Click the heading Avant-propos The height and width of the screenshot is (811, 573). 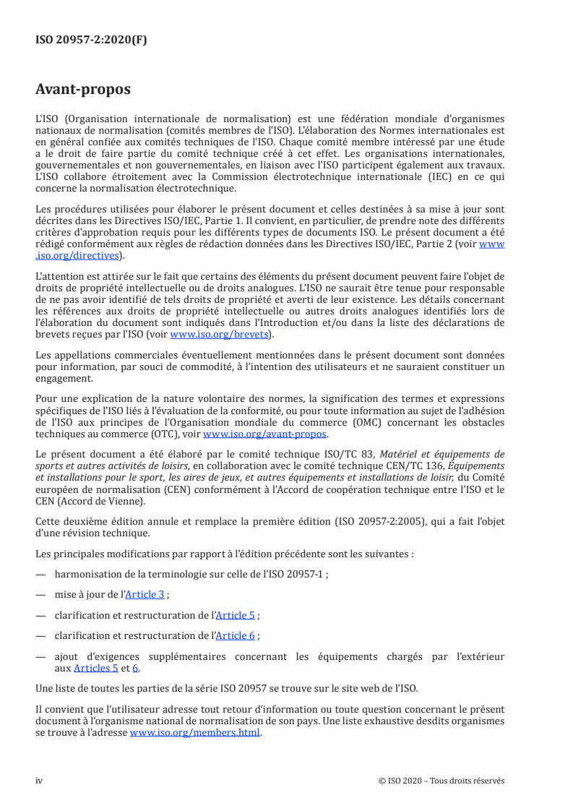tap(83, 90)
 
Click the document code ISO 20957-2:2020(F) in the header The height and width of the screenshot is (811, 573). tap(91, 40)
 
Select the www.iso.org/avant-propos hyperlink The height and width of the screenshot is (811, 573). tap(265, 434)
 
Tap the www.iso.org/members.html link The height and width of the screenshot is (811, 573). tap(195, 731)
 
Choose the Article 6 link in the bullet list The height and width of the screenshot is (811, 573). tap(236, 635)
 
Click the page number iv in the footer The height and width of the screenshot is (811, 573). tap(40, 781)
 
